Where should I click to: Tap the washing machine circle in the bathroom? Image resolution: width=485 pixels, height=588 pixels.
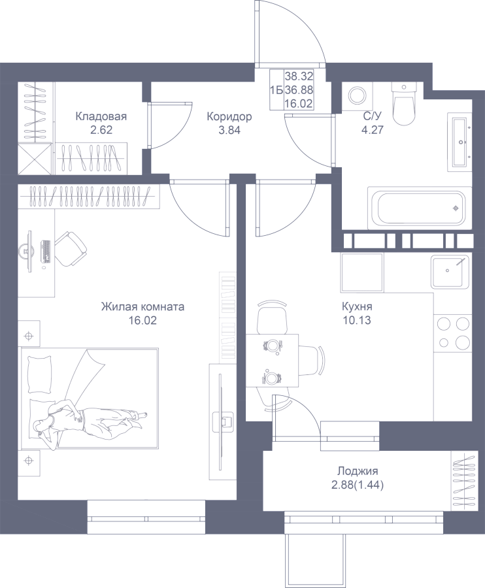(357, 95)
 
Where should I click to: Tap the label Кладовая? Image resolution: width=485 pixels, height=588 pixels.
(101, 116)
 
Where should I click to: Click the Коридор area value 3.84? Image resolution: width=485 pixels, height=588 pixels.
(229, 130)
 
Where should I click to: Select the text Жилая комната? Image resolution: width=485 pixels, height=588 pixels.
(142, 307)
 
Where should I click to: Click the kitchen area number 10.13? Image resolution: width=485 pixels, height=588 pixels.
(356, 320)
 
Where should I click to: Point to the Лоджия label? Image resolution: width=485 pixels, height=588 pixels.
(358, 471)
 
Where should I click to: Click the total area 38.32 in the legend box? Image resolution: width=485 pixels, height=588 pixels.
(299, 76)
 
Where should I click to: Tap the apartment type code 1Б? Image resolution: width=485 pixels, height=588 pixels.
(276, 90)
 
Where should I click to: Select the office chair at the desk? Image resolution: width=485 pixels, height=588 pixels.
(72, 248)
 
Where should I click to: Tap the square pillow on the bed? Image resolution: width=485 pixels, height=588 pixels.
(39, 374)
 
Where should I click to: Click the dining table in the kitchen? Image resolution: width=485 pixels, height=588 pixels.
(272, 361)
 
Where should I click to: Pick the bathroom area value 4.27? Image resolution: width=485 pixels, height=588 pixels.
(372, 130)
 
